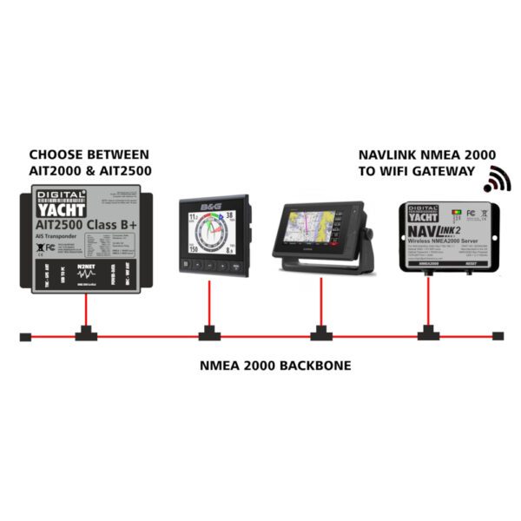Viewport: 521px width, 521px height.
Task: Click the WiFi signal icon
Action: click(498, 178)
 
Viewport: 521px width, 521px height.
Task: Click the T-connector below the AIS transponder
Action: click(86, 333)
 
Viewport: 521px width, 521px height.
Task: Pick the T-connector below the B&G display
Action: click(208, 333)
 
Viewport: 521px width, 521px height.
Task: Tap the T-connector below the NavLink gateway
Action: click(428, 333)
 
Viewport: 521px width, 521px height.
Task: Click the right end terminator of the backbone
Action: click(498, 336)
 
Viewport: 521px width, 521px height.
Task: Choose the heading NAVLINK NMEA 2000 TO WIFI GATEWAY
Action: click(418, 163)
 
